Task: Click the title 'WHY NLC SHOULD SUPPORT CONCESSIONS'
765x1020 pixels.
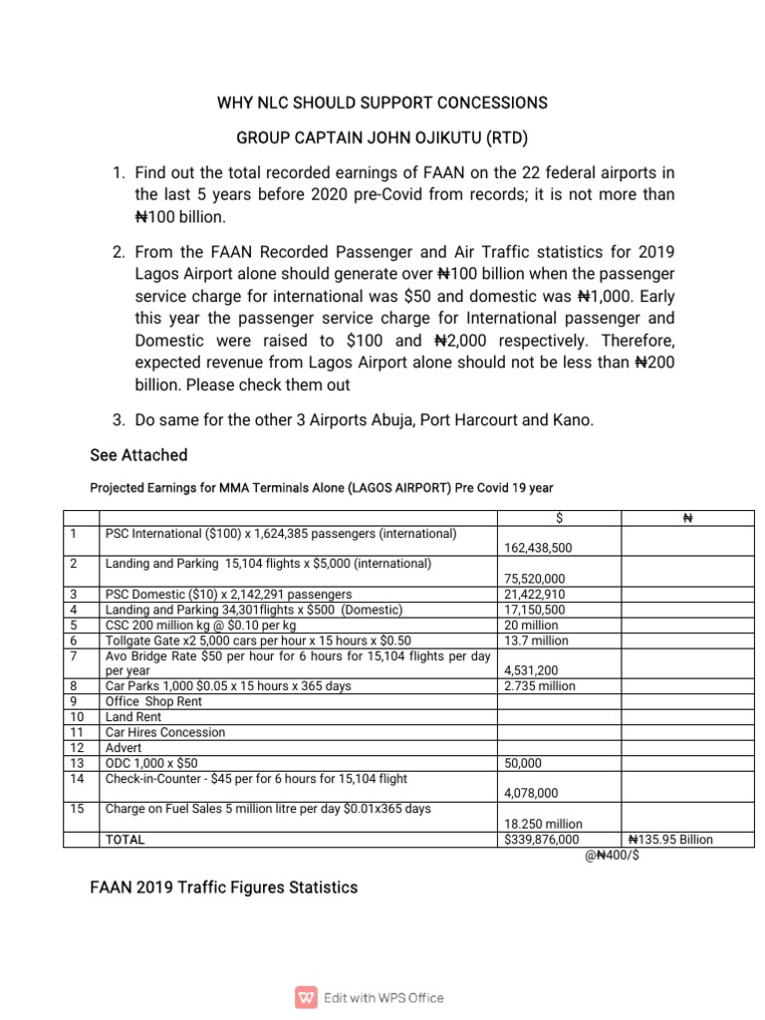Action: coord(382,103)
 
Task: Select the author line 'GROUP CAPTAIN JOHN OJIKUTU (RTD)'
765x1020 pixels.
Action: coord(382,136)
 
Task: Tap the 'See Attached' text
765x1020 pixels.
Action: coord(138,455)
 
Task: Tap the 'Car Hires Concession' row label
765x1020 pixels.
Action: coord(165,732)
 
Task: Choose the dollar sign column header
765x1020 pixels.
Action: coord(559,518)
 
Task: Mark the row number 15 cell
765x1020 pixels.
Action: coord(79,809)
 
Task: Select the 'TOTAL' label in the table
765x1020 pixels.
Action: coord(125,840)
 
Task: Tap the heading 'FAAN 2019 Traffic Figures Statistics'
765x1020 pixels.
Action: coord(224,887)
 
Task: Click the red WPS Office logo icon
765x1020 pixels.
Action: coord(304,997)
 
